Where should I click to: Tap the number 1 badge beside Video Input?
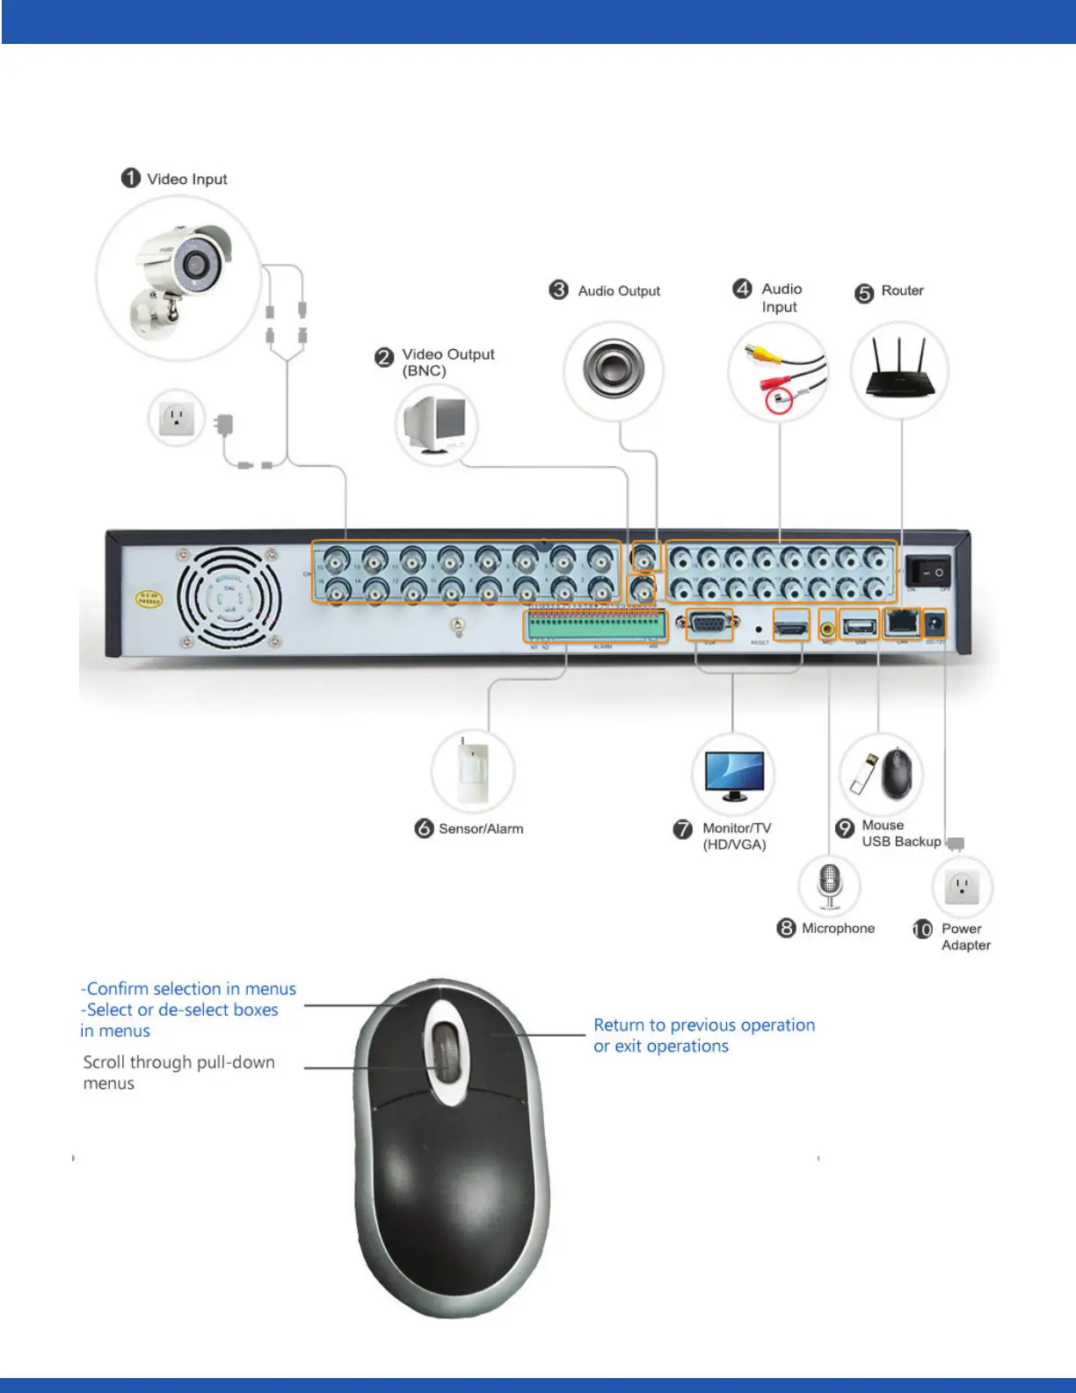131,179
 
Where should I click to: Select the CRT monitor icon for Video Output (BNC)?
436,424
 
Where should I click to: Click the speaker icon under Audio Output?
613,368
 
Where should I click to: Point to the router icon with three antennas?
899,369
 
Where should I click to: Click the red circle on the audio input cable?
779,401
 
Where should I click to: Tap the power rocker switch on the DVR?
929,572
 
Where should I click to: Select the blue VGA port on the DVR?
709,625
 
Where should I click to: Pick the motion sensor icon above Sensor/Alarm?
473,770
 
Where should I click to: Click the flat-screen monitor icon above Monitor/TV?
733,775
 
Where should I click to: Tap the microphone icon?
830,885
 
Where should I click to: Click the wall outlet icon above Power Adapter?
963,887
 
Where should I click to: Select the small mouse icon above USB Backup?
898,773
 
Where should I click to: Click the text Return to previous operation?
704,1025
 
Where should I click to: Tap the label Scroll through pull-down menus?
178,1072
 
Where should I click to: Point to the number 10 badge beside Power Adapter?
922,930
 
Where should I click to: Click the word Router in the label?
902,290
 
